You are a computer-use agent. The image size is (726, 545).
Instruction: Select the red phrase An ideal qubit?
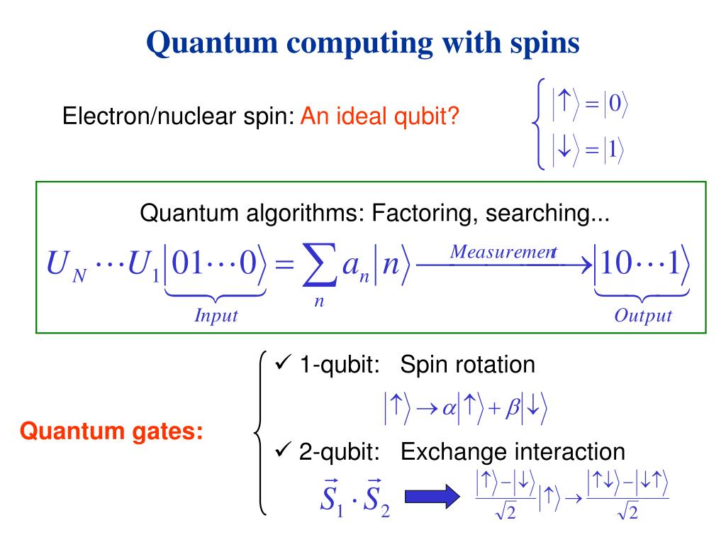[x=379, y=116]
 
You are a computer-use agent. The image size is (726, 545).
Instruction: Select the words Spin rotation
[x=467, y=365]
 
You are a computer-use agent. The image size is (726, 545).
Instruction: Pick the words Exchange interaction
[x=513, y=451]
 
